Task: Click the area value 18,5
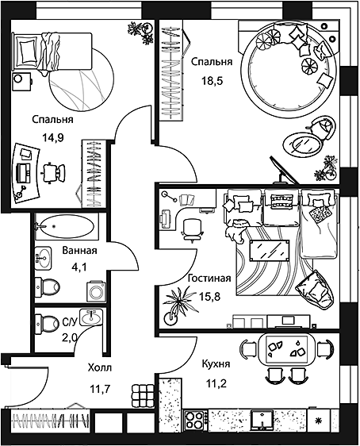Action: (x=213, y=81)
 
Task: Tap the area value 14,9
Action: (x=53, y=138)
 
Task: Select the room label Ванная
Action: (x=79, y=251)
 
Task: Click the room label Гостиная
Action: (x=209, y=278)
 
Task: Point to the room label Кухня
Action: (x=216, y=363)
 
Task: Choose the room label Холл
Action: (x=100, y=367)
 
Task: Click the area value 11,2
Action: (x=216, y=384)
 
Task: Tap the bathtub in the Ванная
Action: (x=64, y=226)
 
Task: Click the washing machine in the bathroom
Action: (x=96, y=291)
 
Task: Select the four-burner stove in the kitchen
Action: (x=194, y=421)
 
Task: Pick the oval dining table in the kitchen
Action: (x=286, y=349)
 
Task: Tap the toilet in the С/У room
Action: (x=47, y=323)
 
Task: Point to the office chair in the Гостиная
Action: (x=193, y=230)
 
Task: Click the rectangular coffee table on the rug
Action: (x=270, y=250)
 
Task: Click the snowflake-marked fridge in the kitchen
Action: (x=320, y=420)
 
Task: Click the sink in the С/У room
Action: (x=91, y=317)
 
